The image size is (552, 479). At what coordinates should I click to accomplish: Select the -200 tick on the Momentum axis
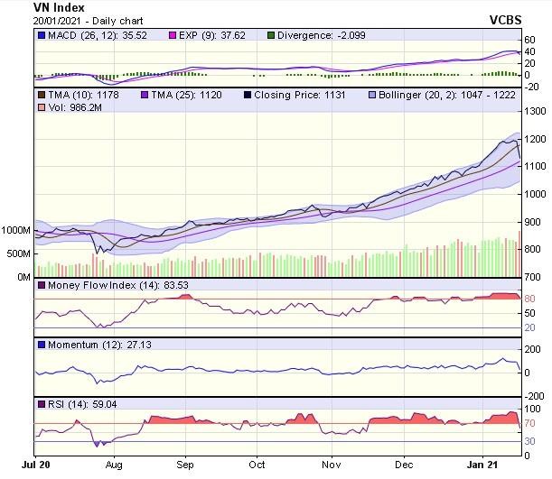click(534, 395)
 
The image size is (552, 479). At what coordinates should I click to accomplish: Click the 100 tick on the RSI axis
click(532, 409)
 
